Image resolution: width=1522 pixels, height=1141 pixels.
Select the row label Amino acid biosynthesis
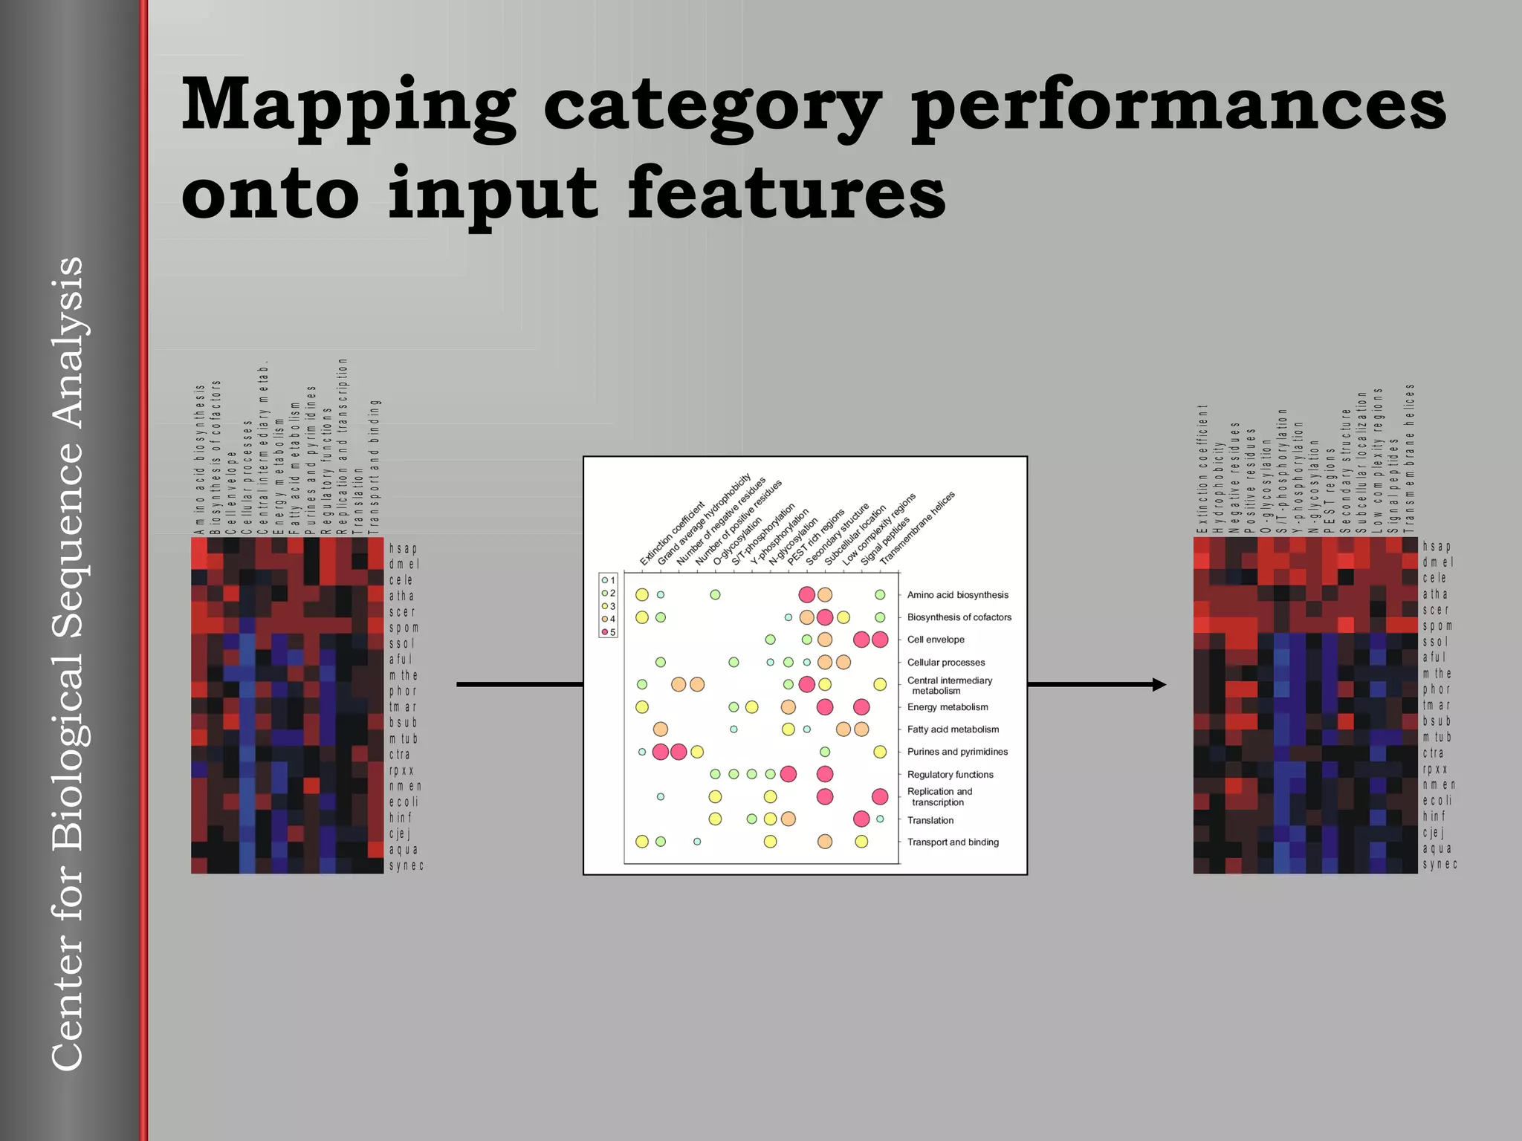pyautogui.click(x=957, y=595)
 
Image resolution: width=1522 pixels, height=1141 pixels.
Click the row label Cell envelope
pyautogui.click(x=936, y=640)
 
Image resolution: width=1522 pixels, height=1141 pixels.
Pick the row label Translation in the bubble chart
pyautogui.click(x=930, y=820)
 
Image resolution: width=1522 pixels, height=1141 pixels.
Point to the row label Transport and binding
pyautogui.click(x=953, y=842)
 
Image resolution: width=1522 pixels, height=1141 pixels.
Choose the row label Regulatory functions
pyautogui.click(x=950, y=774)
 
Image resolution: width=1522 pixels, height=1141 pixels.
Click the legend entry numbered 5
pyautogui.click(x=609, y=632)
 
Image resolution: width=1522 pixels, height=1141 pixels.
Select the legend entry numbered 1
pyautogui.click(x=609, y=580)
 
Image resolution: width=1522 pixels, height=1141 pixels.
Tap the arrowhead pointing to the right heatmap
pyautogui.click(x=1159, y=684)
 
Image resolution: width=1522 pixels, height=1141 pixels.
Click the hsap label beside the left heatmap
pyautogui.click(x=403, y=548)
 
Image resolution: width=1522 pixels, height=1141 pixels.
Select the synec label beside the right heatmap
pyautogui.click(x=1440, y=864)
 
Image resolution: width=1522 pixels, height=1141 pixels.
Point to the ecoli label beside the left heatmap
pyautogui.click(x=404, y=802)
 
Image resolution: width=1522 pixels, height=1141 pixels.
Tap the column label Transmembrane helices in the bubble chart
pyautogui.click(x=917, y=527)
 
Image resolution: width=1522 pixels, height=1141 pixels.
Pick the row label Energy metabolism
pyautogui.click(x=947, y=707)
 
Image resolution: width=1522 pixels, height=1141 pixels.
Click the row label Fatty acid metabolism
pyautogui.click(x=953, y=729)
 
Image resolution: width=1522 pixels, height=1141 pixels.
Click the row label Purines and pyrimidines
pyautogui.click(x=957, y=752)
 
